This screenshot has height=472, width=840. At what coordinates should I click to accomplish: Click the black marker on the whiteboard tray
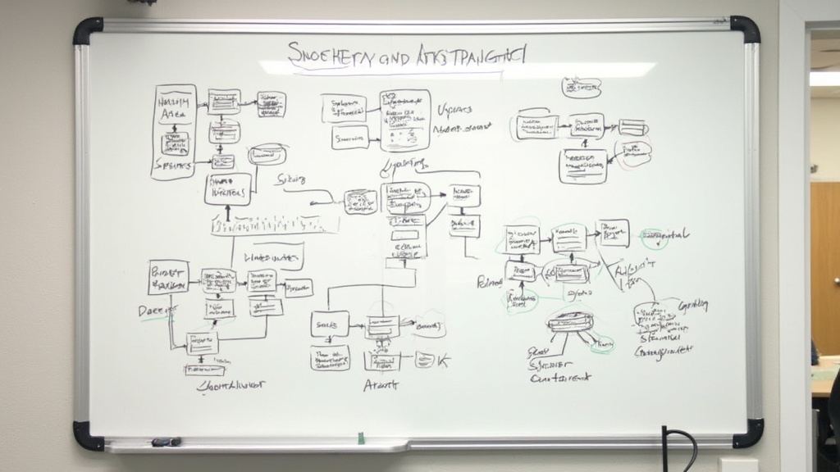click(x=166, y=442)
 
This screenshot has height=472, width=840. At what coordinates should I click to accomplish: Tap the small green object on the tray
click(x=361, y=438)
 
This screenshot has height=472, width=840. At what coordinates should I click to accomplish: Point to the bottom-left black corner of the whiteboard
click(x=88, y=435)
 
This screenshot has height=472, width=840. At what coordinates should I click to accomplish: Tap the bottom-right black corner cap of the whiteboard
click(x=747, y=433)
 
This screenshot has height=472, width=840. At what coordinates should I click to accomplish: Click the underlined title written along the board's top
click(x=408, y=56)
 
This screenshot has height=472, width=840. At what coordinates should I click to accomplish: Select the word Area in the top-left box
click(x=173, y=114)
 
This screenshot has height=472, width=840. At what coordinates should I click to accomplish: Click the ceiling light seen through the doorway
click(x=824, y=78)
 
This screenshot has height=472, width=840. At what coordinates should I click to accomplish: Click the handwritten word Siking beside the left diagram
click(x=291, y=178)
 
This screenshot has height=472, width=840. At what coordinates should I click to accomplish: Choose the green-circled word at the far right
click(x=666, y=236)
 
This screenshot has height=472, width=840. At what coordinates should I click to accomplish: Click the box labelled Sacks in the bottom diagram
click(x=330, y=324)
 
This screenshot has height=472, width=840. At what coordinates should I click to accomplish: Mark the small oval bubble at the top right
click(x=581, y=88)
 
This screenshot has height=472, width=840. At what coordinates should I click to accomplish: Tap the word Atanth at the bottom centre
click(x=381, y=383)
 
